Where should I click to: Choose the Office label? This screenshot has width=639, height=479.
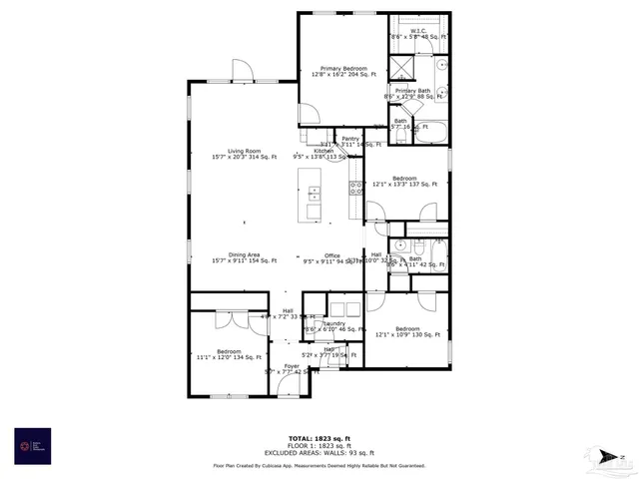coord(331,257)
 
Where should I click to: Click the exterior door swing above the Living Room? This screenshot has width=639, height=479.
coord(243,70)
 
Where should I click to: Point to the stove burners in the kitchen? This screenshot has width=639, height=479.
coord(354,186)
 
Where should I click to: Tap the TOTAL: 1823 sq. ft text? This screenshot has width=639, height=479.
coord(319,438)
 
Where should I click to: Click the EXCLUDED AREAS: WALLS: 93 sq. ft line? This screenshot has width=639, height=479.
coord(319,454)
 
